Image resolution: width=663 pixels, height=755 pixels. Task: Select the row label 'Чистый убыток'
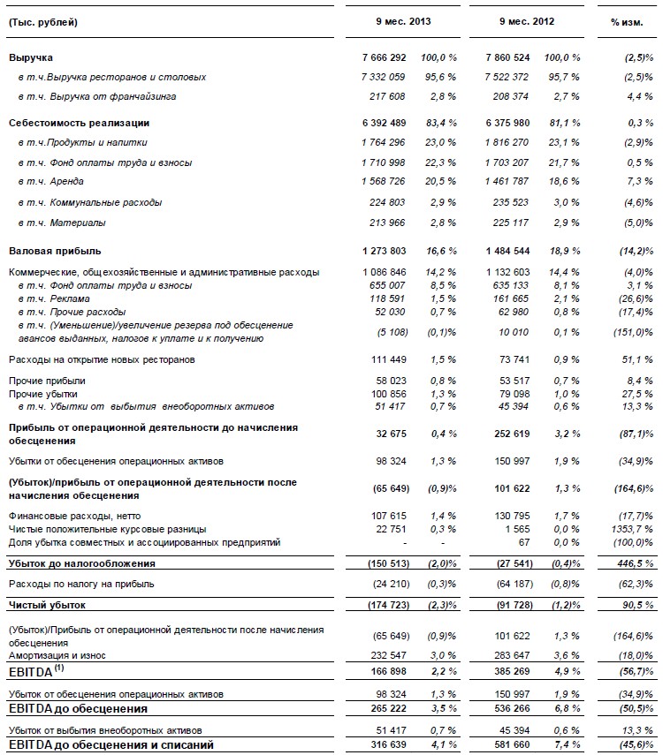(x=42, y=605)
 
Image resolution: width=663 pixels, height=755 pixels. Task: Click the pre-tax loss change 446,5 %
(x=635, y=562)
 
